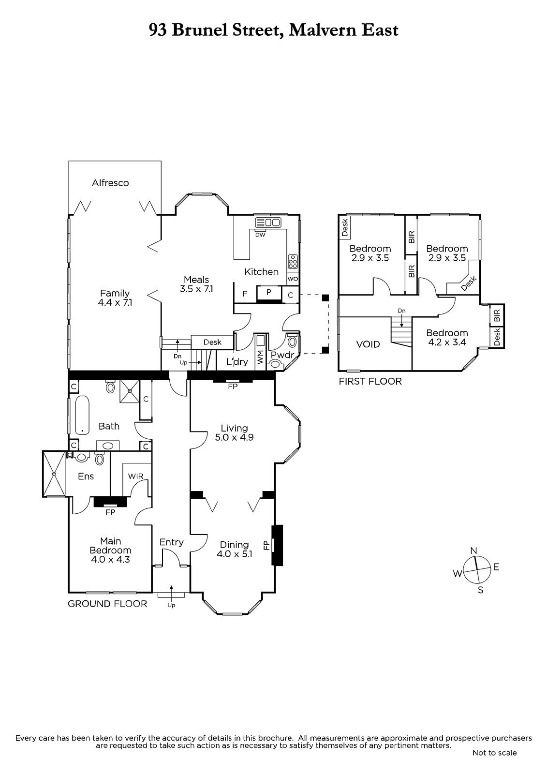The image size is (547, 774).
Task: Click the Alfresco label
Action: click(110, 183)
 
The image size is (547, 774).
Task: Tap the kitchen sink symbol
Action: click(268, 222)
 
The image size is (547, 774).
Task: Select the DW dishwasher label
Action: click(260, 235)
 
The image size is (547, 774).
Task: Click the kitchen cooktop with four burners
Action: click(293, 262)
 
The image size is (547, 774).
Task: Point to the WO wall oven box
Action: click(293, 279)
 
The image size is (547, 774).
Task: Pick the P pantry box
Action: click(268, 293)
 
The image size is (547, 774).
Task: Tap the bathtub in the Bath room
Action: click(82, 415)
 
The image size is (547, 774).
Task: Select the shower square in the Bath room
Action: click(130, 391)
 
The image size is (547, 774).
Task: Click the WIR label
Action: click(135, 476)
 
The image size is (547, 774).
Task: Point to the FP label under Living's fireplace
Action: click(233, 387)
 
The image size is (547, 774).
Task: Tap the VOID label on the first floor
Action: click(368, 344)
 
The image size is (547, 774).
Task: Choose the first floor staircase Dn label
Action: click(401, 311)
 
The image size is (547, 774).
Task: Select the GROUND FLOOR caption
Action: click(107, 604)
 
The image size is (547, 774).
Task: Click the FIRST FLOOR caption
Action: click(370, 381)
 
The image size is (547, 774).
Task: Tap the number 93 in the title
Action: click(158, 30)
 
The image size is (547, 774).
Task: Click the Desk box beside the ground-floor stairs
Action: click(212, 342)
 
